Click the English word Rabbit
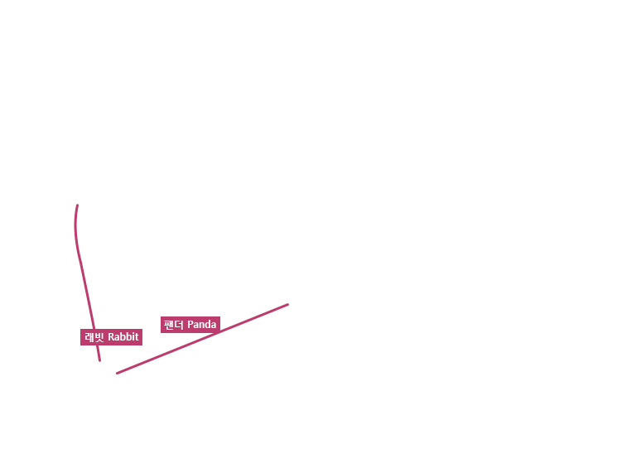click(x=123, y=336)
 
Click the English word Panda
click(x=201, y=325)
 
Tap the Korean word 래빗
click(x=94, y=336)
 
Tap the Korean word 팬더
click(x=174, y=325)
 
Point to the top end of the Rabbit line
click(x=77, y=205)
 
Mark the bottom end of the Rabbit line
click(x=99, y=360)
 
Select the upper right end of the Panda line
click(x=287, y=304)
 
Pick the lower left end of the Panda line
click(x=118, y=373)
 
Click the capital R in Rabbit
click(x=111, y=336)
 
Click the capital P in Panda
click(x=190, y=325)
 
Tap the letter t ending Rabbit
click(x=137, y=337)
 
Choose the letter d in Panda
click(x=208, y=325)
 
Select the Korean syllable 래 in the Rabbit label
click(x=89, y=336)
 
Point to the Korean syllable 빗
click(x=99, y=336)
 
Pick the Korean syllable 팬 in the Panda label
click(x=168, y=325)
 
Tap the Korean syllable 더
click(x=179, y=325)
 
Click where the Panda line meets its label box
click(x=217, y=333)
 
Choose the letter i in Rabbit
click(x=132, y=336)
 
